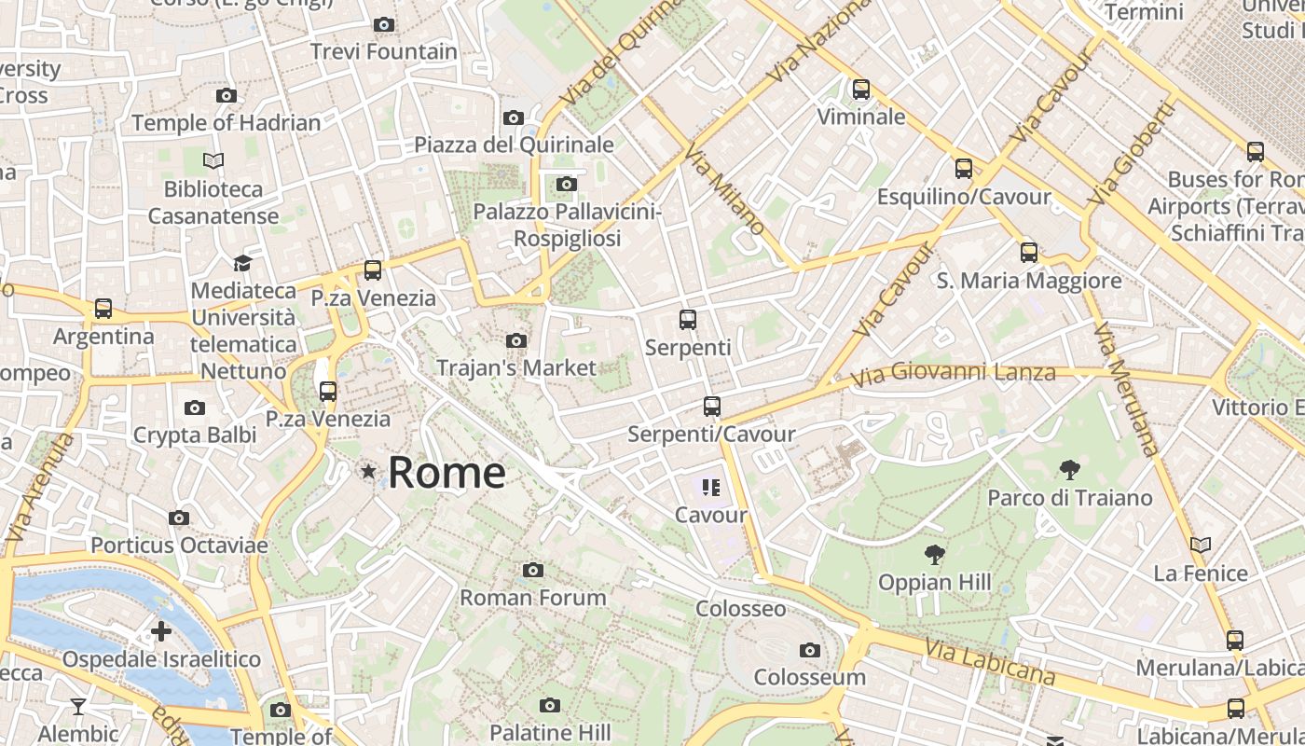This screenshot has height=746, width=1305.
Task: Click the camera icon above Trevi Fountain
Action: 383,25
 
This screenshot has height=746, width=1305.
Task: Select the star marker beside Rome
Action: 369,472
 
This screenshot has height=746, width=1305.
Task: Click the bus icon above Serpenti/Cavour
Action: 712,407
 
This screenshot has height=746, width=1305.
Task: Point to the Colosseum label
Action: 809,677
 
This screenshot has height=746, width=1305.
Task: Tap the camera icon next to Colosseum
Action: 810,650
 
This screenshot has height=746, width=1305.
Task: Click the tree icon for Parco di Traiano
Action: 1069,470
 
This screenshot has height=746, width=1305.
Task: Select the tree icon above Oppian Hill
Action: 934,555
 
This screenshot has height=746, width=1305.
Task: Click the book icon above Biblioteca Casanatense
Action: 213,161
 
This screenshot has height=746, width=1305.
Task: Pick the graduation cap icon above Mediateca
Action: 242,263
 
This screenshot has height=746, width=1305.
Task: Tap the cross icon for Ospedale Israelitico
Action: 161,631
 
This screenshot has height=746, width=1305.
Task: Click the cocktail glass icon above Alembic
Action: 78,707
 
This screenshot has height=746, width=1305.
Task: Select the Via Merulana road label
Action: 1127,389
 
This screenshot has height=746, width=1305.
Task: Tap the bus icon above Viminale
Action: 861,90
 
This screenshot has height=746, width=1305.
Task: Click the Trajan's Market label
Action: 516,367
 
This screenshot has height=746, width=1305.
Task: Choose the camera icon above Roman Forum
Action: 532,570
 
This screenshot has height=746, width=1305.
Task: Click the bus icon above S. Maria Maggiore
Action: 1029,253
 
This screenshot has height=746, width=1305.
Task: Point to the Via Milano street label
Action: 724,189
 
